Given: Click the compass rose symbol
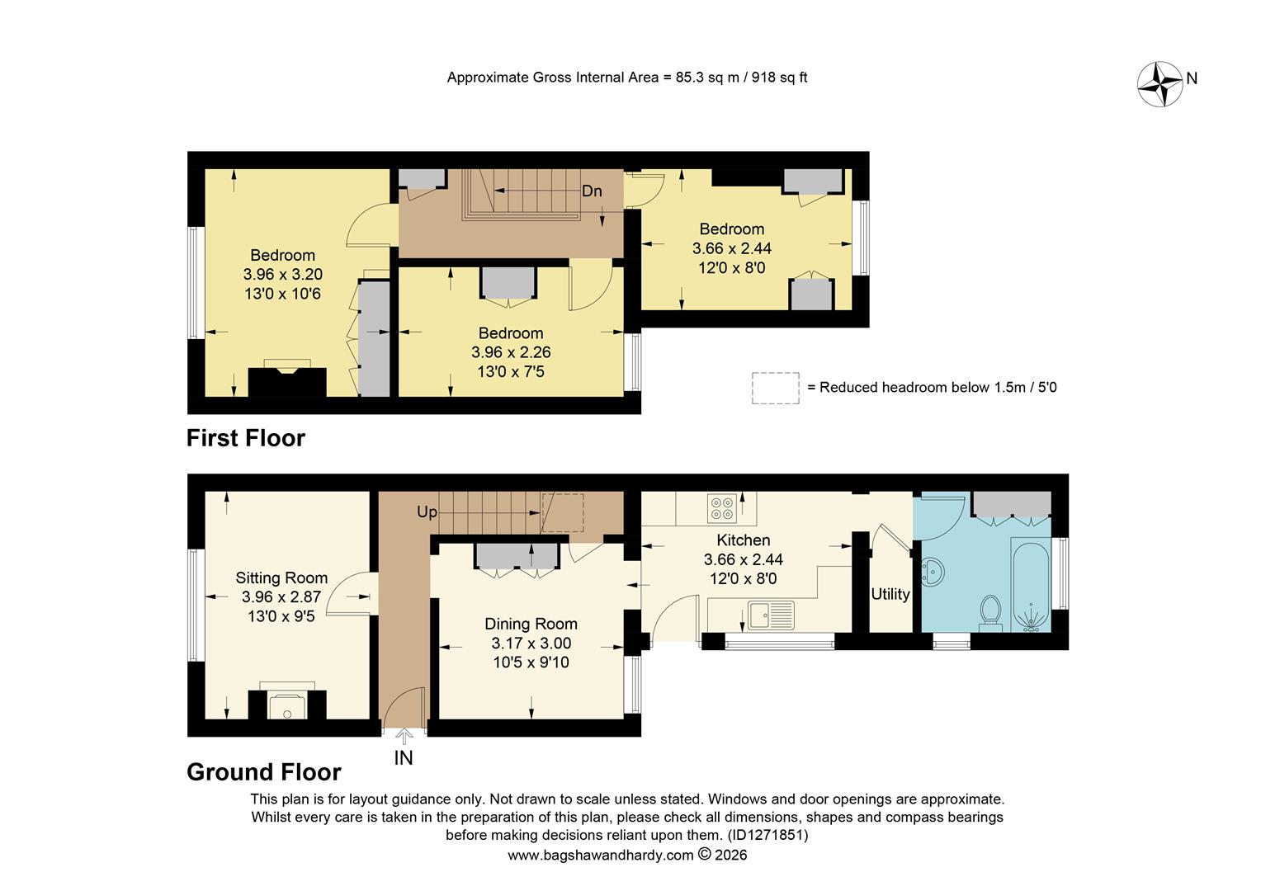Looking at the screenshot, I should click(x=1160, y=83).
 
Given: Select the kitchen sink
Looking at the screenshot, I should click(x=771, y=614).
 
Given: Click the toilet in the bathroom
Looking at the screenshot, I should click(x=990, y=612).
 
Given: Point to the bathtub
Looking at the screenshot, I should click(x=1030, y=586).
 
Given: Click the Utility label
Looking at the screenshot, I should click(x=890, y=594).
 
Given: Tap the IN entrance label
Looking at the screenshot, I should click(x=404, y=757).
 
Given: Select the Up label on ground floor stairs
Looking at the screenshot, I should click(x=427, y=512).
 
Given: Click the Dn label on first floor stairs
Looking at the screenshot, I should click(x=592, y=191).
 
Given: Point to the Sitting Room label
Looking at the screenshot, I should click(x=281, y=577).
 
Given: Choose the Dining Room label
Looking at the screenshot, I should click(x=531, y=624).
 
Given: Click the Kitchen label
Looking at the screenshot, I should click(x=743, y=540).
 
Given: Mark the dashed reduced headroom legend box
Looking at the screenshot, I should click(x=775, y=388).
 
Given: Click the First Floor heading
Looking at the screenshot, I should click(x=246, y=438).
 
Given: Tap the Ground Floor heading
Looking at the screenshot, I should click(x=264, y=772).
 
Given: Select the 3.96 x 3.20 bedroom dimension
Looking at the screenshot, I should click(x=282, y=274).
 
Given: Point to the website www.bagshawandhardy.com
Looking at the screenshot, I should click(x=600, y=856).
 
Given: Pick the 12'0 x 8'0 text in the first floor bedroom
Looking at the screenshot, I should click(x=731, y=267).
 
